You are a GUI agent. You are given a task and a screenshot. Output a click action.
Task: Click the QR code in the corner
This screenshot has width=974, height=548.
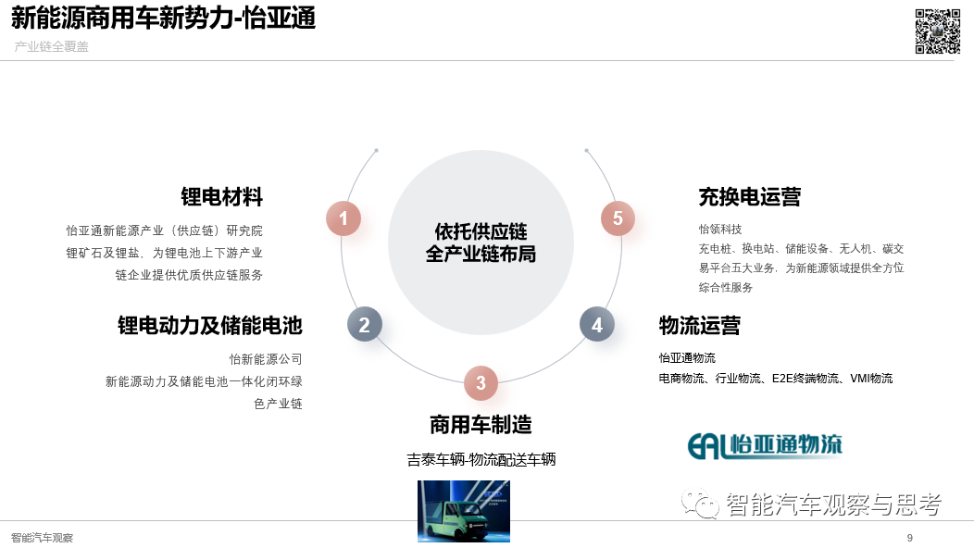938,31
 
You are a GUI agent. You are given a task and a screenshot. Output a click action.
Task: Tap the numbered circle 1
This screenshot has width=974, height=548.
343,218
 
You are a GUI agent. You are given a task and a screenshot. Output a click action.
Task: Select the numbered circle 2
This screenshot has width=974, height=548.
364,324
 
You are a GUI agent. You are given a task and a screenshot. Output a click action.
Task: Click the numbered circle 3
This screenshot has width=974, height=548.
481,382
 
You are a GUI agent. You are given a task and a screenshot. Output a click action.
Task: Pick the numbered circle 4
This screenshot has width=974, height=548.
597,324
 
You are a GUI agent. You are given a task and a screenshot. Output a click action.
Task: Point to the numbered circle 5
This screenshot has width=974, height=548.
618,218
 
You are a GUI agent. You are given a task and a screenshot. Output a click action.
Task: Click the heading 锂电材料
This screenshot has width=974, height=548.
222,197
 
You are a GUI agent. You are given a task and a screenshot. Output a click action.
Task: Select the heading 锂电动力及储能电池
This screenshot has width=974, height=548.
210,326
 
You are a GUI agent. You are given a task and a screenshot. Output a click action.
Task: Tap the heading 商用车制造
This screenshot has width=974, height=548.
481,425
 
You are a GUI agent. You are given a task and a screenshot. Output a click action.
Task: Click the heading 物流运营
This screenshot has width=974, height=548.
699,326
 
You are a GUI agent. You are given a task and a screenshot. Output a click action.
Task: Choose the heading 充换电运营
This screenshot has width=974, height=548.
750,197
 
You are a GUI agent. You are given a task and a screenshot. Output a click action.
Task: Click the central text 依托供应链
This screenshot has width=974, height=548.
481,231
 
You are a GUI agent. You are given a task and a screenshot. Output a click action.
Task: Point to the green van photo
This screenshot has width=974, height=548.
464,511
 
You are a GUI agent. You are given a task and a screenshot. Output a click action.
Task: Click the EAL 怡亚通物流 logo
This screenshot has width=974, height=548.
765,445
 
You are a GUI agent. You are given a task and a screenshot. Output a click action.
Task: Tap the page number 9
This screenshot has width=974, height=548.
910,538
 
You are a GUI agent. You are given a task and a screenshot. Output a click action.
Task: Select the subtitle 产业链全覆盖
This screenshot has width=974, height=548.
52,46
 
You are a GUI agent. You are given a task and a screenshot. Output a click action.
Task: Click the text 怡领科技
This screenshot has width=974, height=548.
720,230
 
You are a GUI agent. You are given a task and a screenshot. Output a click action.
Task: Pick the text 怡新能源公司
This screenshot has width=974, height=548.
266,359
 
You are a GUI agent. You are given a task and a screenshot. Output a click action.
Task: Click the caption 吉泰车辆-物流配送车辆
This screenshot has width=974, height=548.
481,460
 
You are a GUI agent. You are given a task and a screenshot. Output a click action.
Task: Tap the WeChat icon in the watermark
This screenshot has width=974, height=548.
700,504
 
